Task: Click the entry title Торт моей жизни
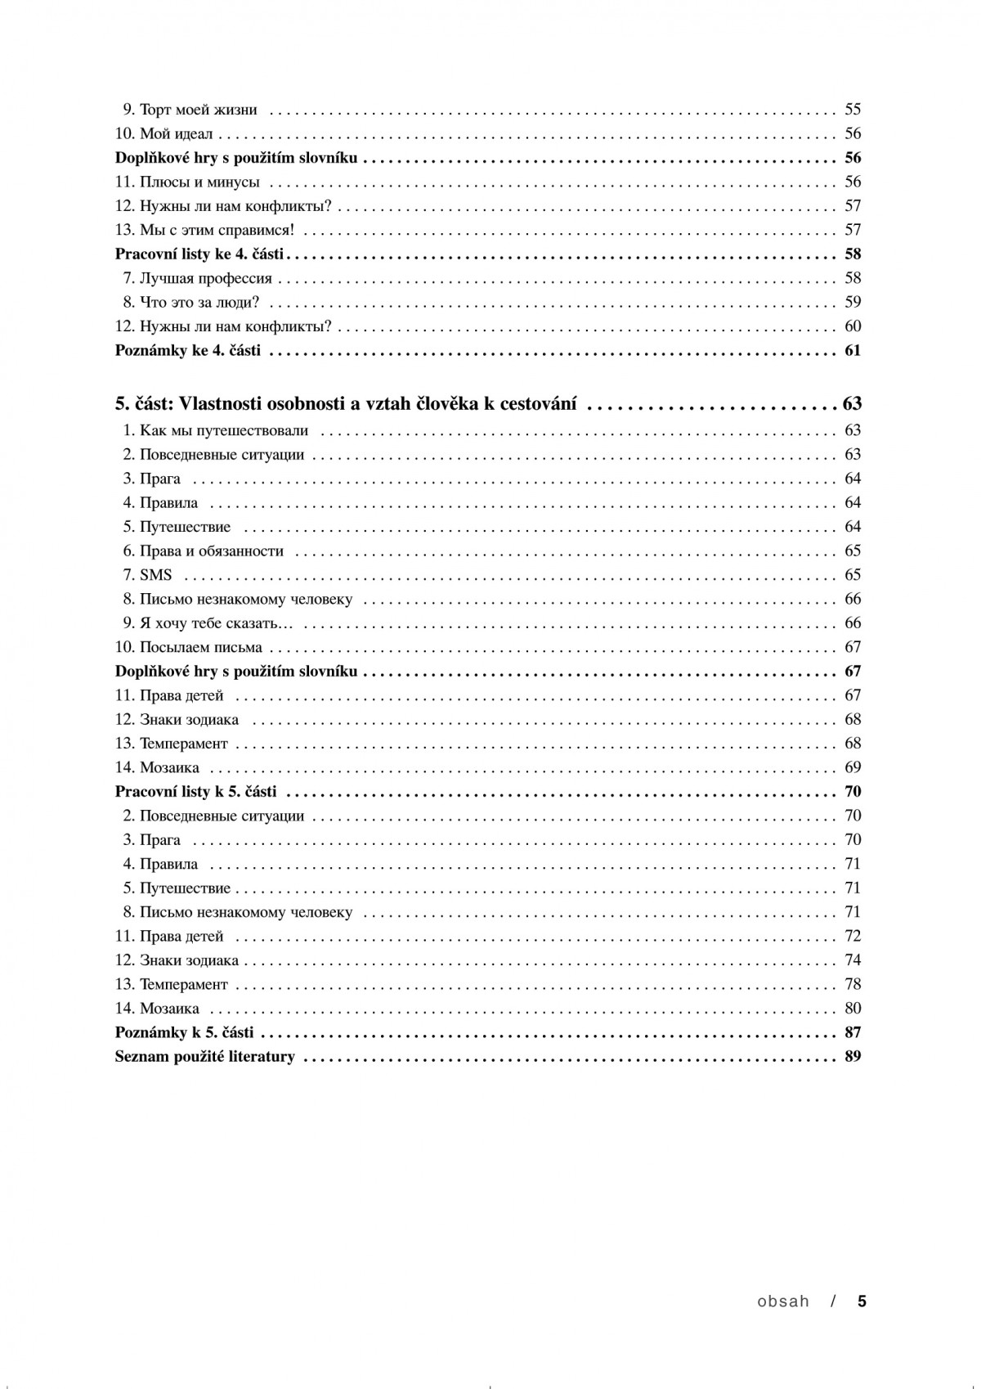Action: point(199,110)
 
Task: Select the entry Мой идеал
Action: point(176,134)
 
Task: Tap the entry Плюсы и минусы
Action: point(199,182)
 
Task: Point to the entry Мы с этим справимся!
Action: point(217,231)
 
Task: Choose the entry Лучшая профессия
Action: point(205,279)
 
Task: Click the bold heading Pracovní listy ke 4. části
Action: point(199,254)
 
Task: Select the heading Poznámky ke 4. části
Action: point(188,351)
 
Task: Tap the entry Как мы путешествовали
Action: point(223,431)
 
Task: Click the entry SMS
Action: point(155,575)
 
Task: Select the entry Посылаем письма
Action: point(200,648)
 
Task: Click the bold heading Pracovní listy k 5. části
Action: point(196,792)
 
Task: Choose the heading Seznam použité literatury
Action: point(205,1057)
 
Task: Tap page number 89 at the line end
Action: point(853,1057)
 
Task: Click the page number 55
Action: point(853,110)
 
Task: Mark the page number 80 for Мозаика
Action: point(853,1009)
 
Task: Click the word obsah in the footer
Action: point(782,1301)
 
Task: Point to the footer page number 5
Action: point(861,1301)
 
